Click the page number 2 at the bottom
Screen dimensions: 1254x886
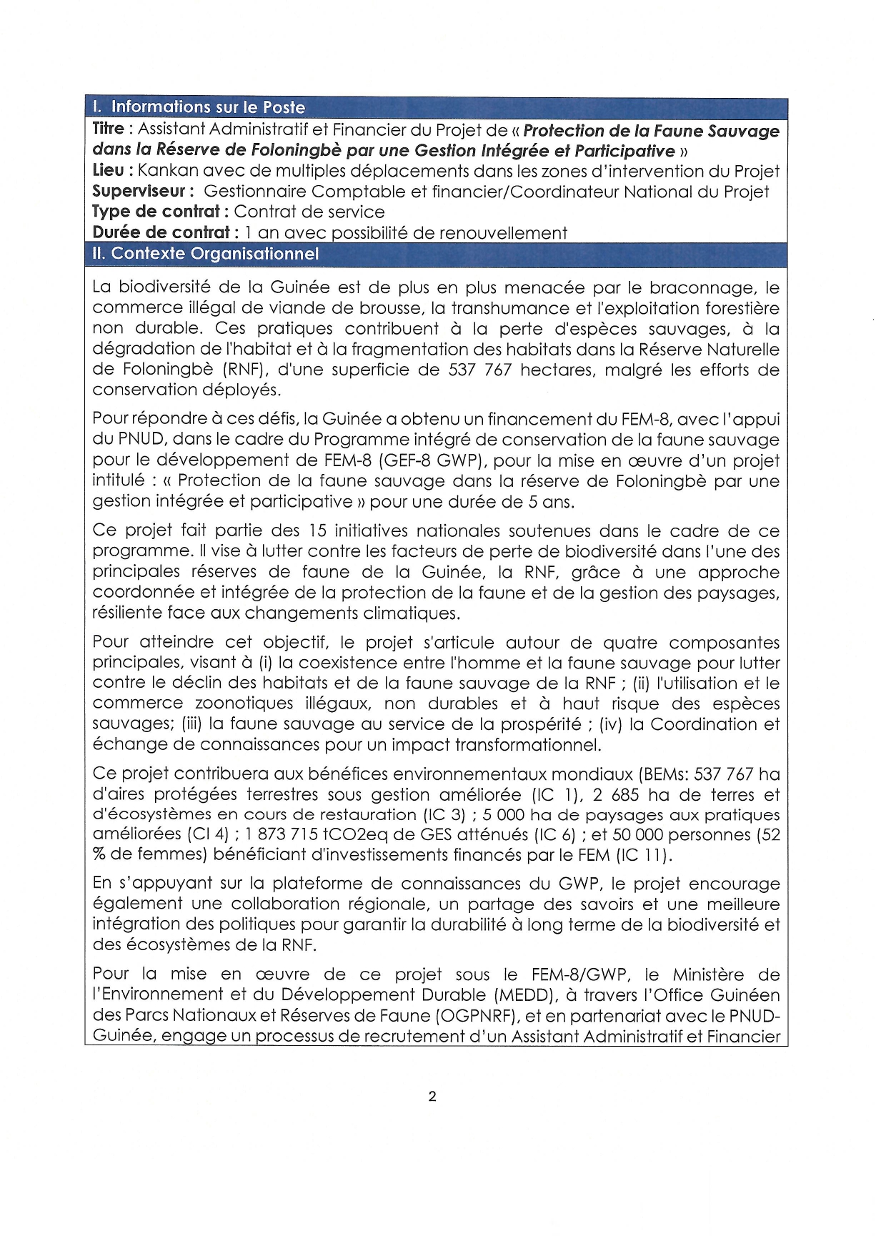point(432,1097)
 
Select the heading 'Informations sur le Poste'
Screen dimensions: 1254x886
point(208,107)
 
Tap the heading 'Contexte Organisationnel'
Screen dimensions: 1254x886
point(214,254)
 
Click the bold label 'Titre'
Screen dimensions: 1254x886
point(109,129)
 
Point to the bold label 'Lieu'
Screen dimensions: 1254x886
point(108,171)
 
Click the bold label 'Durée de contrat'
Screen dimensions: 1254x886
point(161,232)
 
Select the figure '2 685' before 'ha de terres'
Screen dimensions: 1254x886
point(613,794)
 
